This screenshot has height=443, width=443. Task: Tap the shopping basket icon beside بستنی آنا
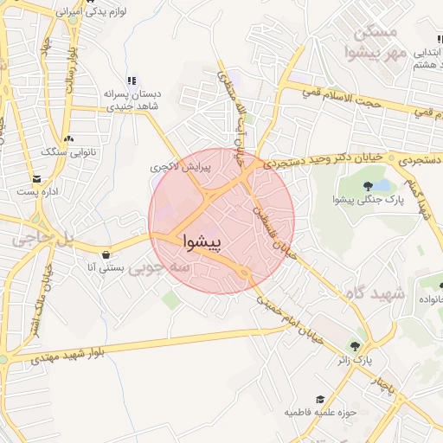106,255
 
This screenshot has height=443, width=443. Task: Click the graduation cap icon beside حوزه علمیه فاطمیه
320,399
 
